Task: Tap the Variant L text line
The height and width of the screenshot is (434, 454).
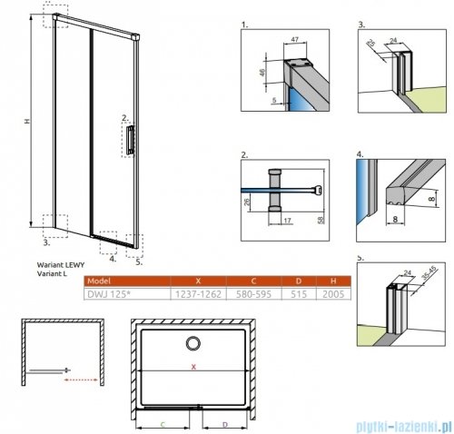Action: (53, 272)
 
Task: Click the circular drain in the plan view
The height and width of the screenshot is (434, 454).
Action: (195, 343)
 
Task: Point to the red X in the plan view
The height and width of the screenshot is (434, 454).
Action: (192, 368)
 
